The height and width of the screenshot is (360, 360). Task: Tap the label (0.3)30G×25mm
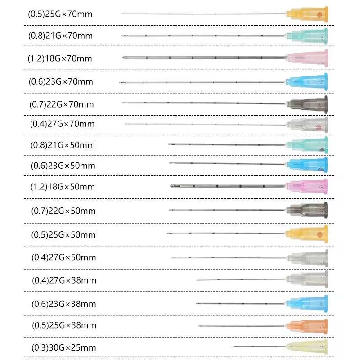64,348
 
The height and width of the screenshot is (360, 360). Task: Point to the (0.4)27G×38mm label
64,280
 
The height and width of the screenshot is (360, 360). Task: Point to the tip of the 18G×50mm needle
171,185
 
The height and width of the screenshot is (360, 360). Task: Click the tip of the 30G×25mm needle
234,346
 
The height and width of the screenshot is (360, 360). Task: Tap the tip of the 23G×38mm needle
197,303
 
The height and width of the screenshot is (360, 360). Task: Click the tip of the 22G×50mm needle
170,210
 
